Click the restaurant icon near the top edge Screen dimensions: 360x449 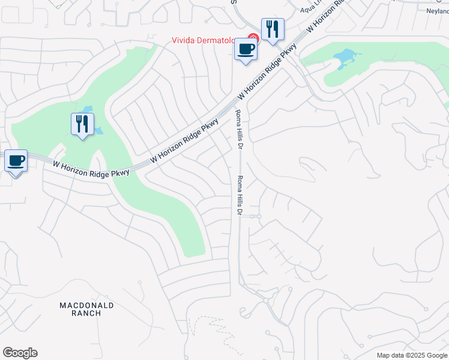(273, 28)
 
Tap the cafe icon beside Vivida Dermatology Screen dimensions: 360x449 (246, 49)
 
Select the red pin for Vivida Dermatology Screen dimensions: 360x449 (253, 38)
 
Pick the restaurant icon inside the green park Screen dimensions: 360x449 (82, 124)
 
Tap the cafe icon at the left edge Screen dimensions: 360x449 (16, 161)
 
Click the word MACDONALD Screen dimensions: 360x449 (86, 305)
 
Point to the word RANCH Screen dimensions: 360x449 (86, 313)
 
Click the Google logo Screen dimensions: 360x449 (20, 353)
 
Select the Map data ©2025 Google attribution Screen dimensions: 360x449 (411, 355)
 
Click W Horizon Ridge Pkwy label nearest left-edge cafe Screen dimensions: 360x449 (91, 168)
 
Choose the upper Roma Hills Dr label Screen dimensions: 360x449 (238, 130)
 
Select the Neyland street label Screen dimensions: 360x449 (436, 11)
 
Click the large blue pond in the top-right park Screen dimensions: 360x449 (345, 58)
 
